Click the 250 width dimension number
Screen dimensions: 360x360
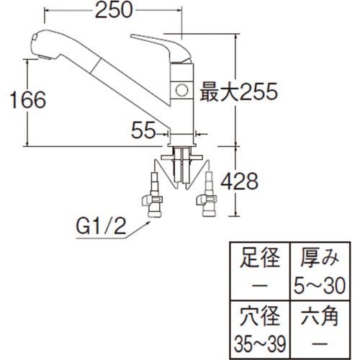(114, 10)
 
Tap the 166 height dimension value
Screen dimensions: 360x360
(28, 100)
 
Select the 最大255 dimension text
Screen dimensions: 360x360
(239, 91)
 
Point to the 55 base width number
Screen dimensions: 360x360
(143, 130)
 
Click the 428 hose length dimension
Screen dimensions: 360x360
(239, 181)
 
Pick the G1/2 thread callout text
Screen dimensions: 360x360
(101, 226)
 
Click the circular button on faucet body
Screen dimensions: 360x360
(181, 90)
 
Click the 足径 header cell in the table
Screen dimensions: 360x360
(260, 258)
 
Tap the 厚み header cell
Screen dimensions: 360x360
(320, 258)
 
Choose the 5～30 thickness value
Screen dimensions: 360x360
(320, 286)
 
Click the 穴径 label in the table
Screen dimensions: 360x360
(260, 316)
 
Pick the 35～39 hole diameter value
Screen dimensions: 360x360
(260, 343)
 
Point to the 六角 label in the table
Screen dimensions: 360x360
(320, 316)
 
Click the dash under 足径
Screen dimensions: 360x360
(260, 286)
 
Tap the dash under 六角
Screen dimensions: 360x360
(320, 343)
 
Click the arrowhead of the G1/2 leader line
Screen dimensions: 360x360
(148, 223)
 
